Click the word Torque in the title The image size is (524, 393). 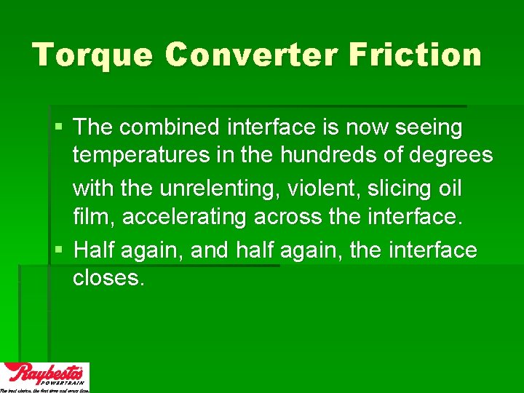(92, 55)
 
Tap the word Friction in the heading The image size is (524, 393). (415, 55)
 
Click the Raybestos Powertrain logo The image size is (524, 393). (45, 377)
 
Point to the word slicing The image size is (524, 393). (399, 188)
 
